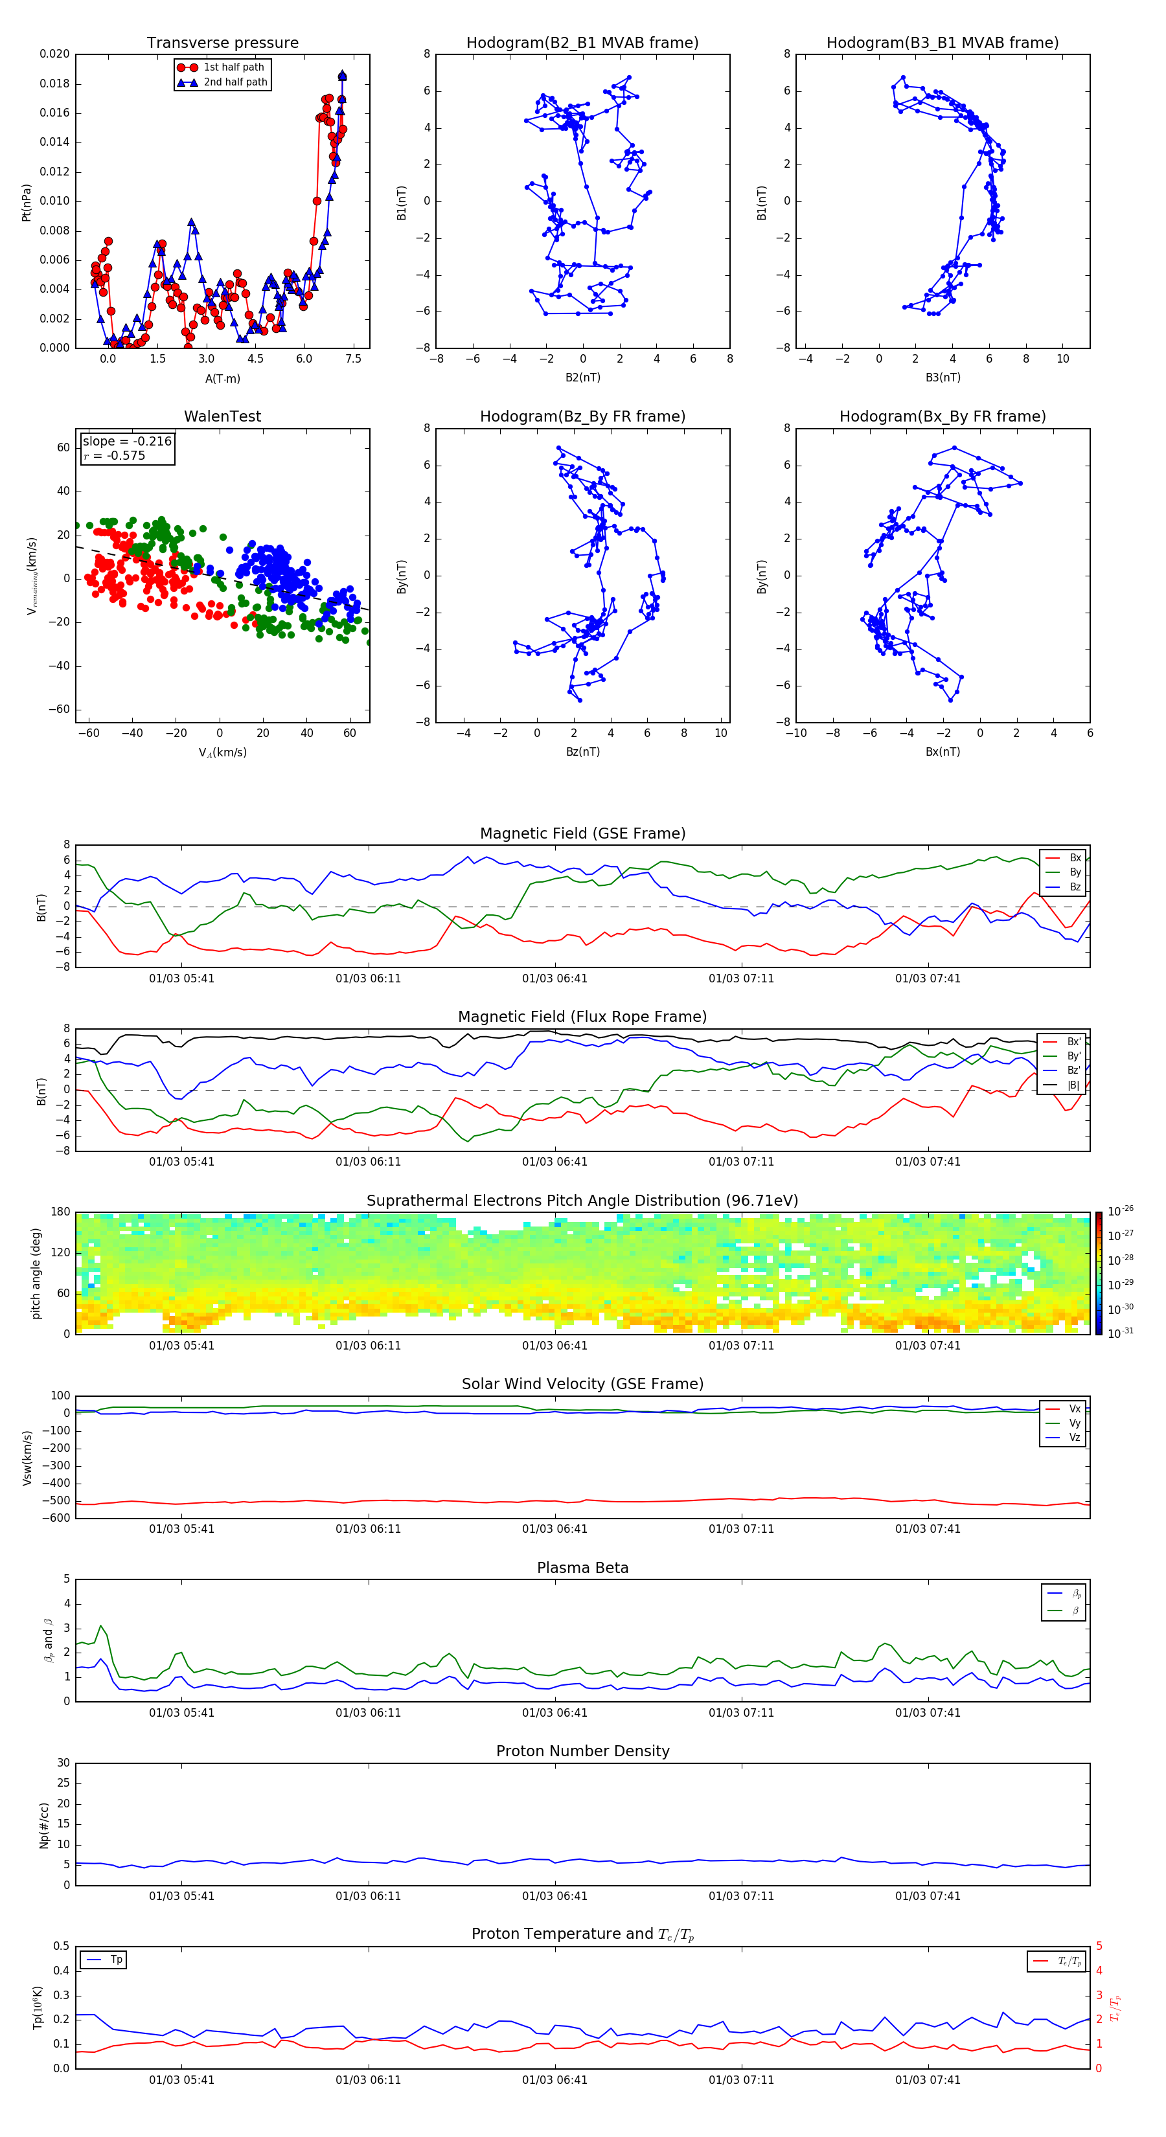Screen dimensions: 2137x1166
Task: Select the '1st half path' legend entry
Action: click(x=233, y=67)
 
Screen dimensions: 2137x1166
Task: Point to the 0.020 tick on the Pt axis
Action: click(x=55, y=54)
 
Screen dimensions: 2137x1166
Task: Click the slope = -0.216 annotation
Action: click(x=127, y=442)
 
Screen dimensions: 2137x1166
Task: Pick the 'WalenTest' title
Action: click(x=222, y=416)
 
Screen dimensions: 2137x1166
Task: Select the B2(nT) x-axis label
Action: click(x=582, y=378)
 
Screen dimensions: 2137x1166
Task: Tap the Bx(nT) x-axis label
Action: click(x=942, y=752)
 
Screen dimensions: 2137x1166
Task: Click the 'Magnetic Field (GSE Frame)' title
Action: click(x=582, y=833)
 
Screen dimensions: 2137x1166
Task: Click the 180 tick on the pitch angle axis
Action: click(x=61, y=1212)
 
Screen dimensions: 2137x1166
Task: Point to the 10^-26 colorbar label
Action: click(x=1121, y=1211)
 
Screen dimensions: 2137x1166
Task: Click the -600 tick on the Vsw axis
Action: click(x=57, y=1518)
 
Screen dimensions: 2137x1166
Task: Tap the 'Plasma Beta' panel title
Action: click(x=582, y=1568)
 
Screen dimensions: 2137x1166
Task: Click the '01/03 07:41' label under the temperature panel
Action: click(x=927, y=2080)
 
